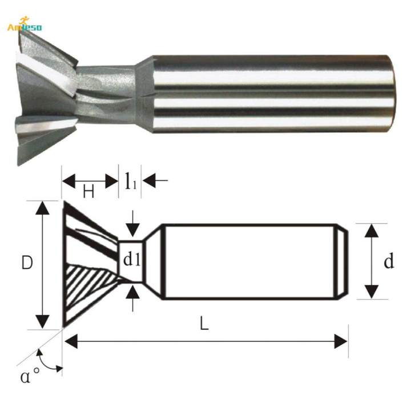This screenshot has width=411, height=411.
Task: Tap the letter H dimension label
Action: click(x=88, y=192)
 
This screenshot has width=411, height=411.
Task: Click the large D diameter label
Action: click(x=26, y=264)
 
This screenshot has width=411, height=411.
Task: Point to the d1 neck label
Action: click(x=132, y=260)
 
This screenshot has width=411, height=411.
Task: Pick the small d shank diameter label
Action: click(x=389, y=262)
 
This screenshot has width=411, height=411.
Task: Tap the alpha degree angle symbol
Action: click(x=30, y=377)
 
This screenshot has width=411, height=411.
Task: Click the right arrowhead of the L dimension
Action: click(x=341, y=342)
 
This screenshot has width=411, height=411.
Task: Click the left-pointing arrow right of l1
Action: click(x=150, y=182)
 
